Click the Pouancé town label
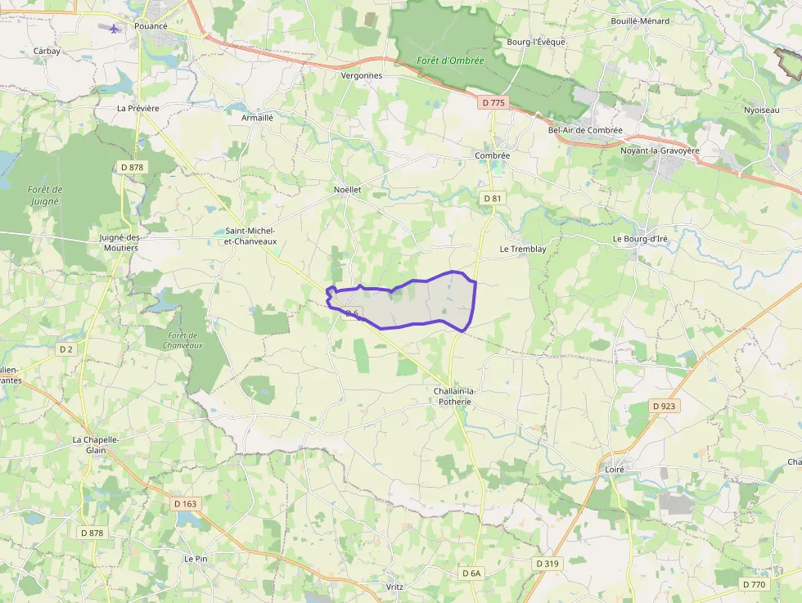151,26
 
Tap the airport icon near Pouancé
113,28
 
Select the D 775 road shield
493,103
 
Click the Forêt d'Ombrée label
450,61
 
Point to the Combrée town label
492,155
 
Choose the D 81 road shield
492,198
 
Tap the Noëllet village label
347,189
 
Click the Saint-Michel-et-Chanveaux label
250,236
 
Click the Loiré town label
615,470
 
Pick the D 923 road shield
665,406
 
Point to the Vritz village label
394,587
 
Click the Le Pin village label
196,559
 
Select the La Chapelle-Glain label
96,444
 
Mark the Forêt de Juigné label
45,195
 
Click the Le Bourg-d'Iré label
640,239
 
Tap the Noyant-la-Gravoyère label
660,151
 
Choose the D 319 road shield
547,564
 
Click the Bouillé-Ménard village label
639,21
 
